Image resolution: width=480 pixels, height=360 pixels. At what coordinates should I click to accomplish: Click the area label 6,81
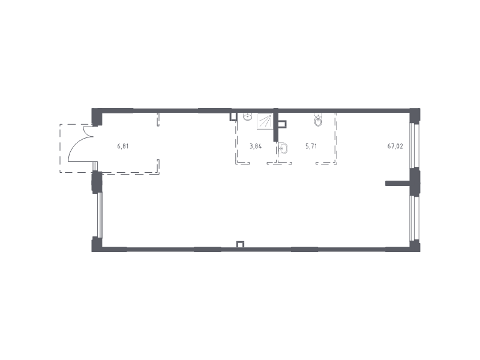(123, 146)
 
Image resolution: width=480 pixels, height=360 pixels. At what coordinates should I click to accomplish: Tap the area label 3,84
(256, 146)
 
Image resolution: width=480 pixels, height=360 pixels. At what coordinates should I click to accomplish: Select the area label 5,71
(311, 146)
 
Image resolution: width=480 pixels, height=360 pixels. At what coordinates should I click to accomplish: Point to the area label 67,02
(395, 146)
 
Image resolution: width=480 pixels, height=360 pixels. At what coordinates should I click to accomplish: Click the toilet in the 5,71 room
(319, 120)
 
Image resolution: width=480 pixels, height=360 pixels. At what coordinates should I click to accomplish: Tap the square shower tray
(265, 121)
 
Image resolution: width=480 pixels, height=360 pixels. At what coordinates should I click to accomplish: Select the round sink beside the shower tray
(248, 116)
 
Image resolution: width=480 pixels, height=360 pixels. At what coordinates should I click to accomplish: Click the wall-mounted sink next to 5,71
(283, 148)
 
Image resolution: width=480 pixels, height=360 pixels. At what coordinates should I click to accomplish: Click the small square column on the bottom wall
(241, 244)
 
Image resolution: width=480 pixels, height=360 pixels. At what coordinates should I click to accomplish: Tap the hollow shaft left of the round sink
(233, 116)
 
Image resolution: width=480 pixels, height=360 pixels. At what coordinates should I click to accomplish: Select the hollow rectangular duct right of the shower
(283, 124)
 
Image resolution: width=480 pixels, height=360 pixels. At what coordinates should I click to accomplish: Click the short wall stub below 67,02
(398, 184)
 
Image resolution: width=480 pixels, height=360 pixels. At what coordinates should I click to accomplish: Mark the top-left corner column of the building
(97, 116)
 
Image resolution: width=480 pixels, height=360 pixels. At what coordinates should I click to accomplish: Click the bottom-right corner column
(415, 246)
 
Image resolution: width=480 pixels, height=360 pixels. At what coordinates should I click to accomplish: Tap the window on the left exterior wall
(99, 215)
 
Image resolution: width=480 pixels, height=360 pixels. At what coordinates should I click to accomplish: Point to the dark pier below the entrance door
(97, 182)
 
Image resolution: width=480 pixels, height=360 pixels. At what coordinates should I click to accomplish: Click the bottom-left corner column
(97, 244)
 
